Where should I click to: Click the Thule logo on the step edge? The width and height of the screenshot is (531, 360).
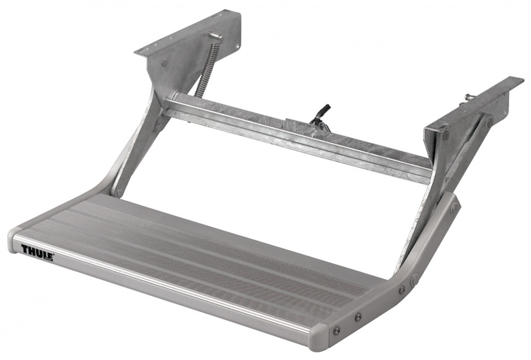pyautogui.click(x=37, y=252)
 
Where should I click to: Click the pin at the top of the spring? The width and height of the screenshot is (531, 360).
pyautogui.click(x=215, y=36)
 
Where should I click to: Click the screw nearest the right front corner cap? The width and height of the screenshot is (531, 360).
pyautogui.click(x=336, y=330)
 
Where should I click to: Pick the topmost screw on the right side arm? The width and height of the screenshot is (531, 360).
pyautogui.click(x=455, y=209)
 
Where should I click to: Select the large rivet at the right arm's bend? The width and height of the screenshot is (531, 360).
pyautogui.click(x=414, y=278)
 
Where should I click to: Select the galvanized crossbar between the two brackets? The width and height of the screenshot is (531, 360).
pyautogui.click(x=297, y=135)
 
